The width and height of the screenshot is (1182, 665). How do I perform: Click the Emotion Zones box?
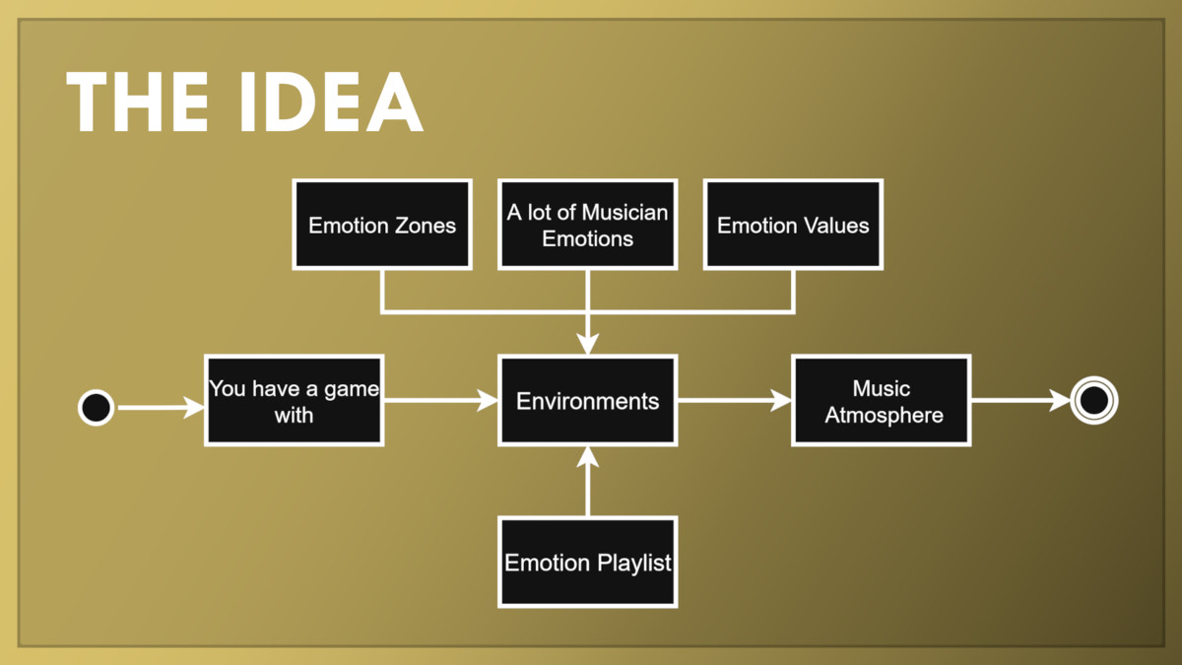point(382,225)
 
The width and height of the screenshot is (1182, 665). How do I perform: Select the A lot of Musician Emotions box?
point(587,225)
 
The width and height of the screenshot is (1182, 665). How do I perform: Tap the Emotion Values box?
point(793,225)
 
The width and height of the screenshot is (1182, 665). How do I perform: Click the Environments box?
point(587,400)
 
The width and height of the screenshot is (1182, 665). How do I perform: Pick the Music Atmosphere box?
point(882,400)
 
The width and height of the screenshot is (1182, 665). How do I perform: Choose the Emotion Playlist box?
point(587,563)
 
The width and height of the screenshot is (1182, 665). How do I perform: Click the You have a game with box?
point(294,400)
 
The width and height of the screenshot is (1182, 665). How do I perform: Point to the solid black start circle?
point(97,408)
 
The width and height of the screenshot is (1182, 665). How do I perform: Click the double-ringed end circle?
point(1094,400)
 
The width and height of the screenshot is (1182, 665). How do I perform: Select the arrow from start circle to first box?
point(161,408)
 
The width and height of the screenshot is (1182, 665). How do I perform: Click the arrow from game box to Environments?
point(441,400)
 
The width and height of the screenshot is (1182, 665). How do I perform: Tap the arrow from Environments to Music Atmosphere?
point(735,400)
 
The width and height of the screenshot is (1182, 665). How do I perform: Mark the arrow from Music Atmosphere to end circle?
point(1021,400)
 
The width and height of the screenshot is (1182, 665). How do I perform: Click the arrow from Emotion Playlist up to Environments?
point(587,482)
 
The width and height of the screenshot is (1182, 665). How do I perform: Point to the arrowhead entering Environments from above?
point(587,344)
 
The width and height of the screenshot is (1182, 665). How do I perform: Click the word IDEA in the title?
point(332,101)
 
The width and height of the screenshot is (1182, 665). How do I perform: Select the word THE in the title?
point(138,101)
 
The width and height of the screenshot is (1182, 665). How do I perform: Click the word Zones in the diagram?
point(426,226)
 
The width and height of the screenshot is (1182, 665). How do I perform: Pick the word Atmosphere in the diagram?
point(884,416)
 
